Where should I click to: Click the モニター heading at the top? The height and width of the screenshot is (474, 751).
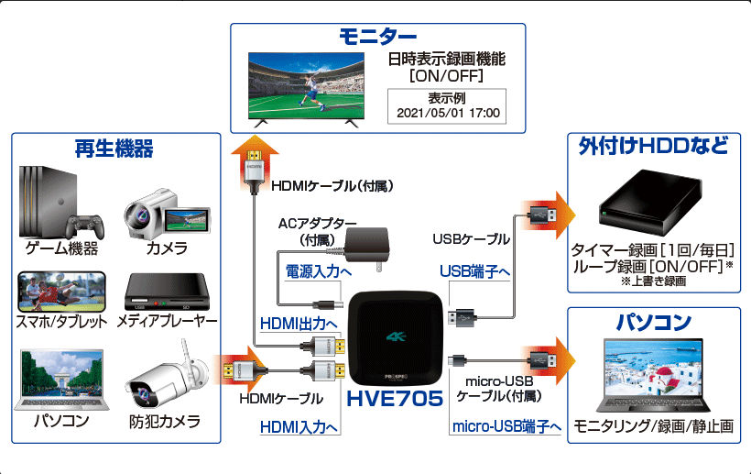click(x=377, y=38)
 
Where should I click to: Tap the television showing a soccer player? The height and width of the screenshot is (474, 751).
click(x=309, y=90)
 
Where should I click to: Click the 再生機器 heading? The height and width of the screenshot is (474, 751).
click(x=114, y=148)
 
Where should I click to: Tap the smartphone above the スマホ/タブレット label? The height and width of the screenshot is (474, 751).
click(x=60, y=292)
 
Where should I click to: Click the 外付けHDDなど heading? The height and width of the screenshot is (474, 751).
click(x=654, y=147)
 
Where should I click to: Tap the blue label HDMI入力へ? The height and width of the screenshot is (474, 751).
click(x=299, y=426)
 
